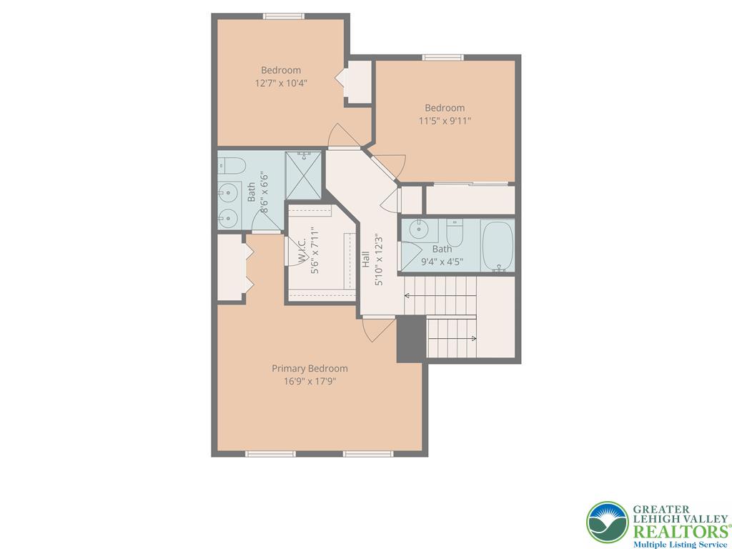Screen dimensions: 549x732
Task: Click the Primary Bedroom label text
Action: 310,368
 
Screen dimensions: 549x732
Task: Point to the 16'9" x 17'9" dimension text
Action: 310,381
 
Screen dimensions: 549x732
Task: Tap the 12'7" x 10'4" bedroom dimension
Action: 281,83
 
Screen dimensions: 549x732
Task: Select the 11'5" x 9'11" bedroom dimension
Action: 445,121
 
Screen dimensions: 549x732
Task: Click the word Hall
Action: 366,259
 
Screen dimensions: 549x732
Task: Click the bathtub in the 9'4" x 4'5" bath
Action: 498,246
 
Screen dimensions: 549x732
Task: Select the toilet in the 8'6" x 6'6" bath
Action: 230,167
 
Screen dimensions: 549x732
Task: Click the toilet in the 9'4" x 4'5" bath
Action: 455,232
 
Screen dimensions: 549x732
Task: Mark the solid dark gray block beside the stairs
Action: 411,339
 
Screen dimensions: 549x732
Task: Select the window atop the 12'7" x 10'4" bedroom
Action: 284,16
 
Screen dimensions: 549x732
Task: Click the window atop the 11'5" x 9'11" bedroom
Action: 443,57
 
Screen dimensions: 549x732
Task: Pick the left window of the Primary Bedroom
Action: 271,453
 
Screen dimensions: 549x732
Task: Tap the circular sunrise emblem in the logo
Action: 607,523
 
